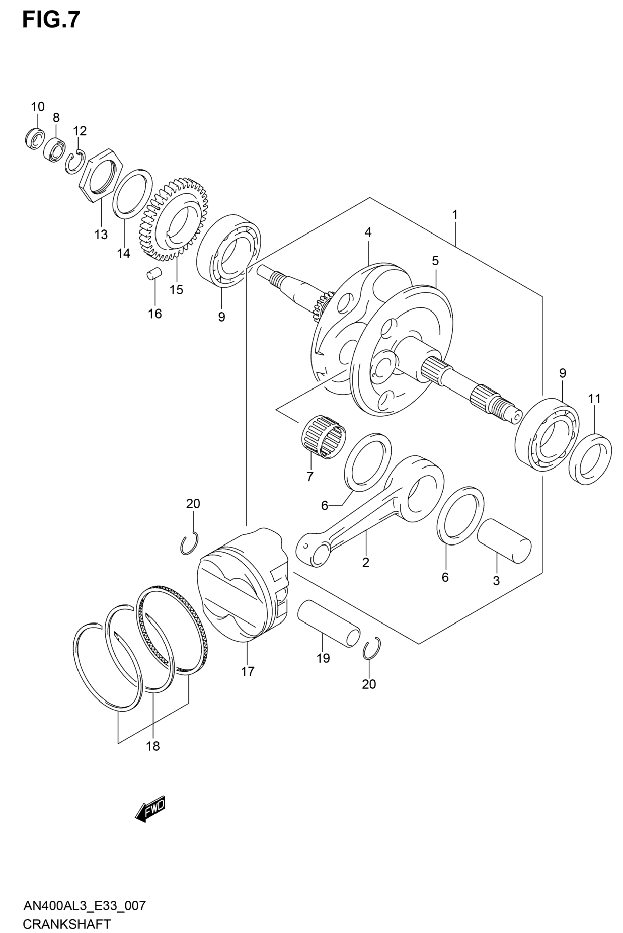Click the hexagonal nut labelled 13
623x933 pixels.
pos(101,174)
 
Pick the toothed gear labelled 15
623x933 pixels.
pos(174,219)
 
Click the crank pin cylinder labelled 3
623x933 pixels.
pos(504,541)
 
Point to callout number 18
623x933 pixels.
pos(153,746)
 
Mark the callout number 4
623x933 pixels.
pos(368,232)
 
